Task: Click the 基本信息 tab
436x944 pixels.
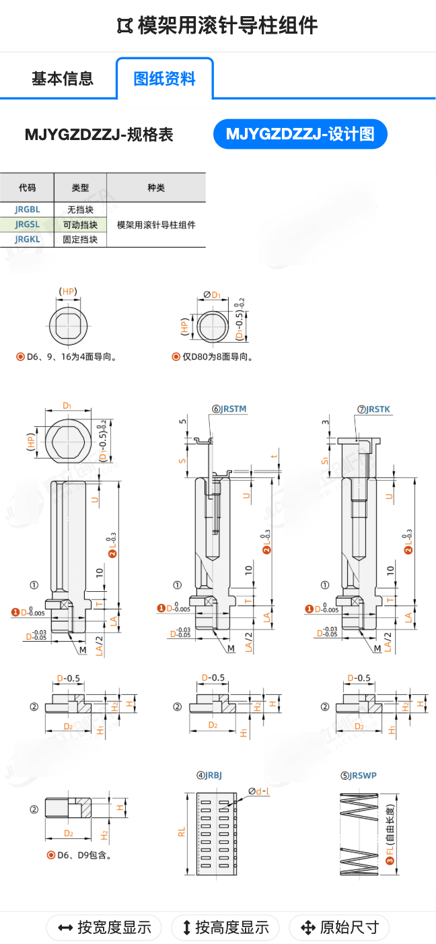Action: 63,79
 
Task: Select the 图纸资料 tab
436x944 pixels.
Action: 165,79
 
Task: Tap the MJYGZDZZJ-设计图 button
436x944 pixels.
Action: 300,134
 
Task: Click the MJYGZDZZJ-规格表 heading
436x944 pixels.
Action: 99,135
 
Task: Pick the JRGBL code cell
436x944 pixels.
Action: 27,210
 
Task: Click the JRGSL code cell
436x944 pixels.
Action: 27,225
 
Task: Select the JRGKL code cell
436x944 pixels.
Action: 27,239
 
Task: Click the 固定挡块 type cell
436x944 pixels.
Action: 80,239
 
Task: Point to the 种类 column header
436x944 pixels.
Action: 156,188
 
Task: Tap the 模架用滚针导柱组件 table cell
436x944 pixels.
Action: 156,225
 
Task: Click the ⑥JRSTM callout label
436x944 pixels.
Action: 229,409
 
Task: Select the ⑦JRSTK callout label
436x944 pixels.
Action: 374,409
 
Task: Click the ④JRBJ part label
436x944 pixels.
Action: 209,775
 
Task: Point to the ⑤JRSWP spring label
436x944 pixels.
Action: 359,775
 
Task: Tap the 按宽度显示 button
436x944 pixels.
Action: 104,928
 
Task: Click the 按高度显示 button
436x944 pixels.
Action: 225,928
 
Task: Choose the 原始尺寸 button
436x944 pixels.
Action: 339,928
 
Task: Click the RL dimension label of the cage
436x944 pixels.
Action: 182,832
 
